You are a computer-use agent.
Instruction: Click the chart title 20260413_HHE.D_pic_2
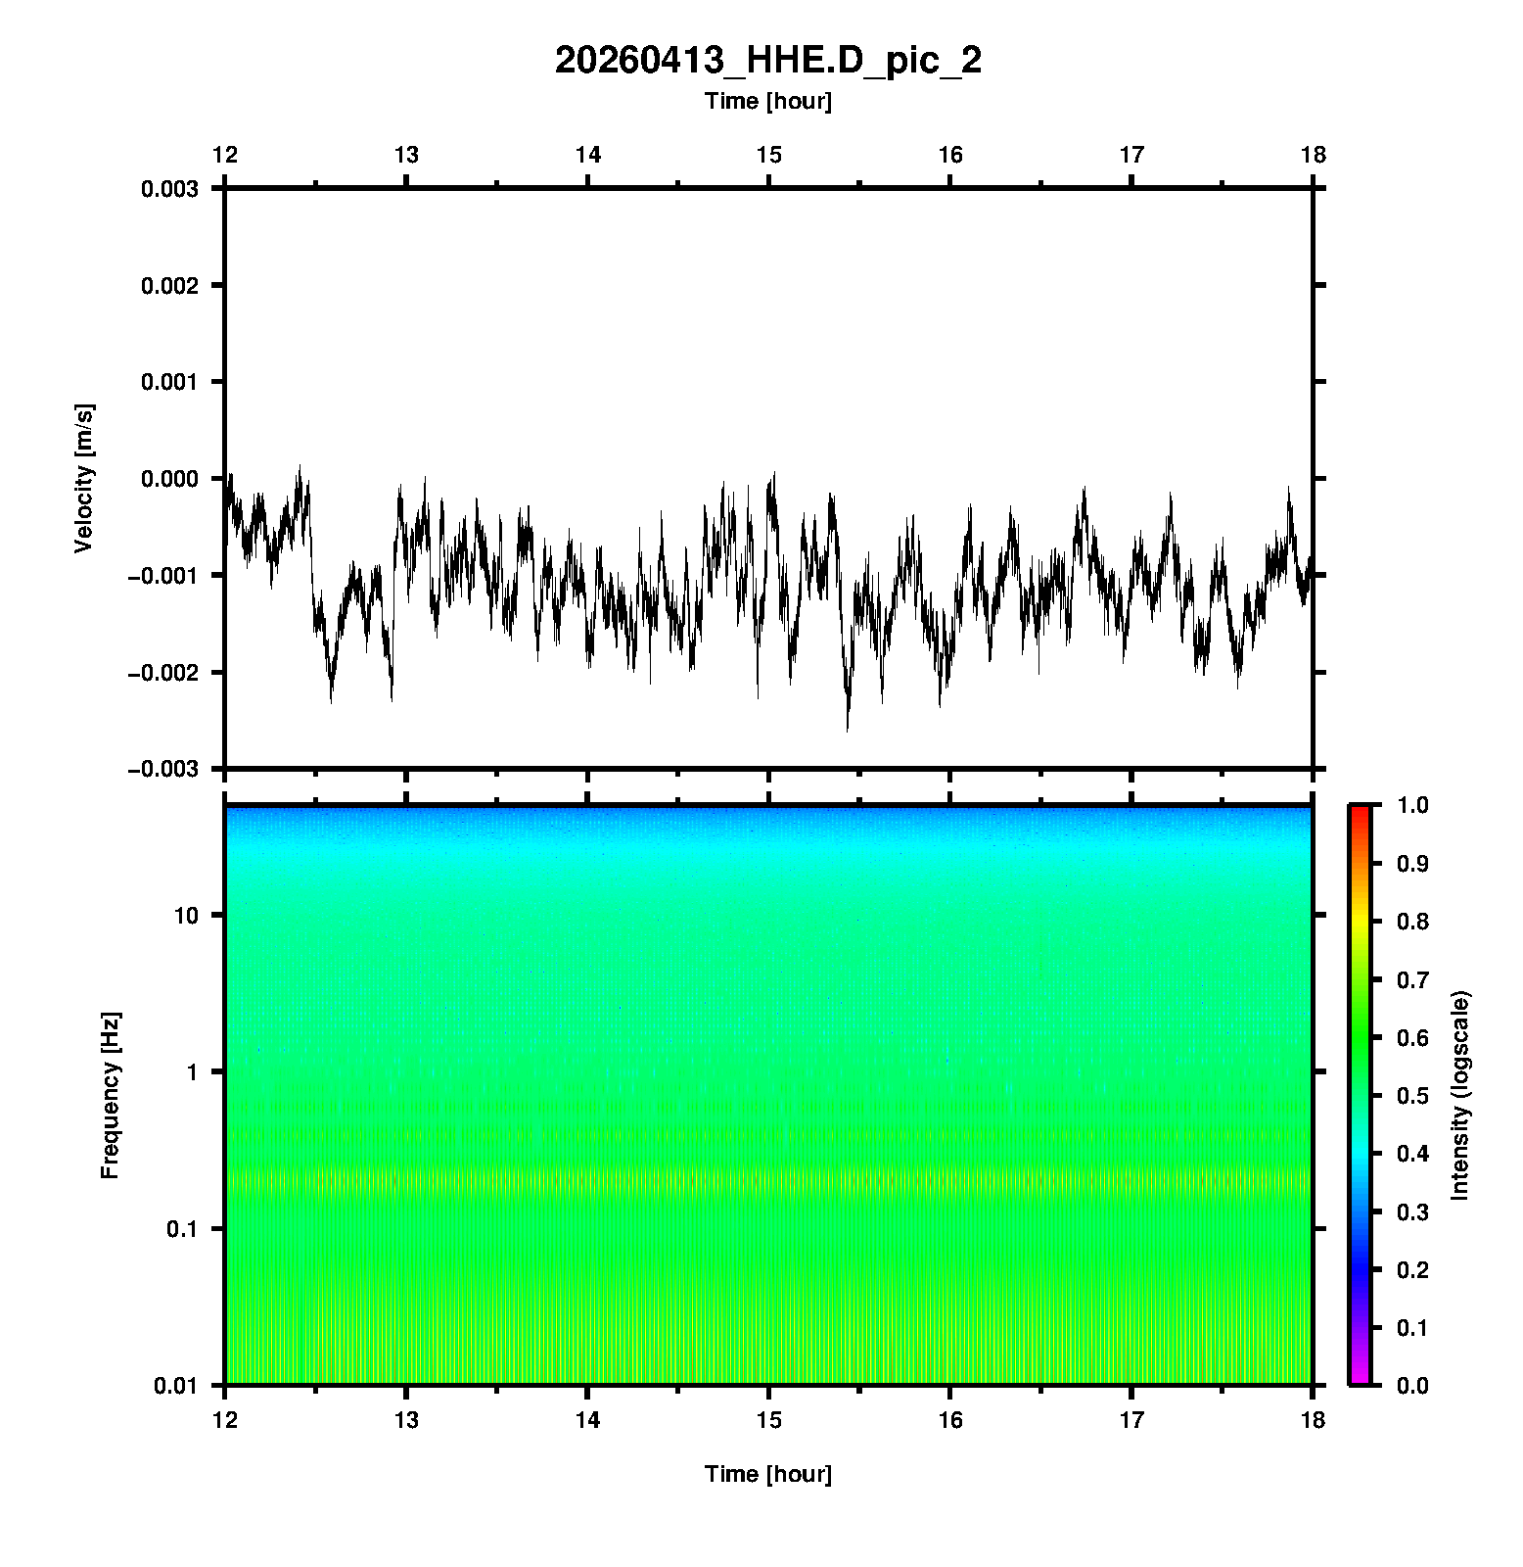(767, 61)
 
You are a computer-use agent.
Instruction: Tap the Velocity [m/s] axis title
(84, 478)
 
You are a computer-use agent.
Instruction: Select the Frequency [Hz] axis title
(110, 1096)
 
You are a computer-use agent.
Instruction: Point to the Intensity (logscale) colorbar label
(1460, 1095)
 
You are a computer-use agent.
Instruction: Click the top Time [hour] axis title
(767, 101)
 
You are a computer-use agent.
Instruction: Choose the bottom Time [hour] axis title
(767, 1474)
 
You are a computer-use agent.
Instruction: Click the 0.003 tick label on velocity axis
(169, 189)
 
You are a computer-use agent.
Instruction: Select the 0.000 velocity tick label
(169, 479)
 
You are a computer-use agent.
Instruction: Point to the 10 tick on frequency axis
(186, 916)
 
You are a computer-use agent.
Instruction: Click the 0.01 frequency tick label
(176, 1385)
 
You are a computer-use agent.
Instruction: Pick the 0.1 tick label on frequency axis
(181, 1229)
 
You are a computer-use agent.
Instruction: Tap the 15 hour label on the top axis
(769, 155)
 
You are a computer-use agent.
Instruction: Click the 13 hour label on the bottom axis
(406, 1420)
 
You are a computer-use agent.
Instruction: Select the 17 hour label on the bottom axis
(1131, 1420)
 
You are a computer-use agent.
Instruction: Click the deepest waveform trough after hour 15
(848, 729)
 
